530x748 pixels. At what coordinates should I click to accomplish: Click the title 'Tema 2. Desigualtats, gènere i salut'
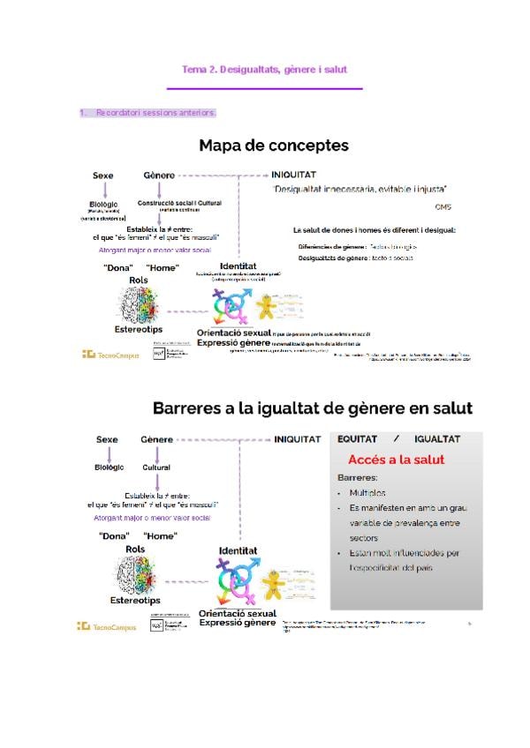click(265, 69)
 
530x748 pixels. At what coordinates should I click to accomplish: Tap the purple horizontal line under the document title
click(265, 88)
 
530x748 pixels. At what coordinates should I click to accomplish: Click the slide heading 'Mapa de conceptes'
click(273, 146)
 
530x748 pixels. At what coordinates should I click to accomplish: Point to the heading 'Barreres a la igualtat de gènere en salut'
click(313, 408)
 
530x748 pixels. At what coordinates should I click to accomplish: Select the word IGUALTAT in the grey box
click(436, 438)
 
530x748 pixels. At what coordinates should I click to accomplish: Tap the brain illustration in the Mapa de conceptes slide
click(138, 303)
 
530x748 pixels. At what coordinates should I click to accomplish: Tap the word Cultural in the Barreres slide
click(157, 467)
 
